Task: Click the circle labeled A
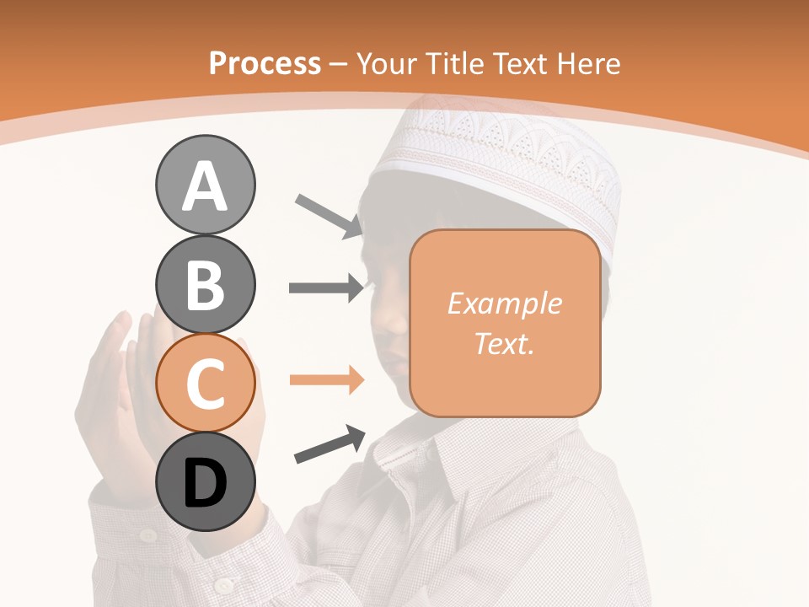pos(205,185)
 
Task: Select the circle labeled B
pos(205,284)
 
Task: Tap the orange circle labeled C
pos(205,383)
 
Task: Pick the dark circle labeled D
pos(205,481)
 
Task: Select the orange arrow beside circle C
pos(326,380)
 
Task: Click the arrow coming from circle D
pos(329,444)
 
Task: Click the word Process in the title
pos(265,63)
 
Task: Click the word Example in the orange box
pos(505,303)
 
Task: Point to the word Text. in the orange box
pos(505,343)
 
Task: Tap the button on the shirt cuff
pos(223,585)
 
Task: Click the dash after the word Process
pos(339,64)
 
